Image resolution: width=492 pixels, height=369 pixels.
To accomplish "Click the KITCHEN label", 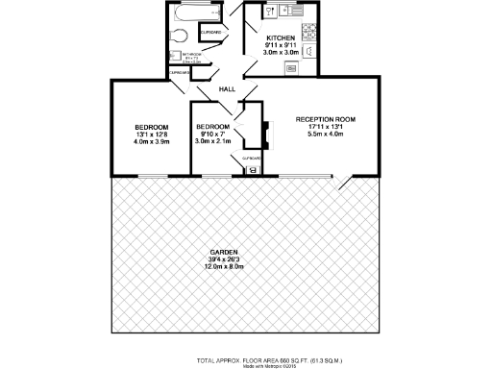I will coord(280,38).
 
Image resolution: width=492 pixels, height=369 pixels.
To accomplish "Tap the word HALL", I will coord(228,89).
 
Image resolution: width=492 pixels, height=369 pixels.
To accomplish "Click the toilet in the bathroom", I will coord(178,37).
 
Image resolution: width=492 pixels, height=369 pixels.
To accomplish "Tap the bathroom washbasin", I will coord(175,58).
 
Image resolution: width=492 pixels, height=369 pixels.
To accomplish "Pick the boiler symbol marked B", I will coord(252,170).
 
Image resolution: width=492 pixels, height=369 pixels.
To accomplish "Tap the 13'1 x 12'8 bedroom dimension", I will coord(151,135).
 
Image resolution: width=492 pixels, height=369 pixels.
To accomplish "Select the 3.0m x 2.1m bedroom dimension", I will coord(212,141).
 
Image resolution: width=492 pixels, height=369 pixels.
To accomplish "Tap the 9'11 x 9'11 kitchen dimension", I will coord(280,46).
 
